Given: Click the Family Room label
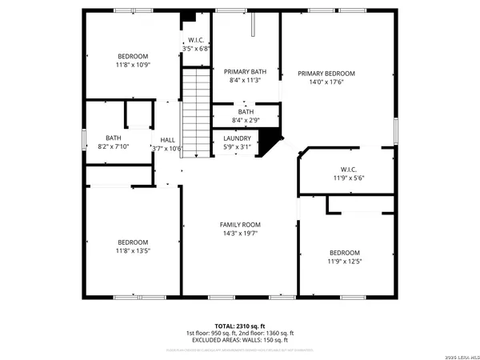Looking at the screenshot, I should coord(240,225).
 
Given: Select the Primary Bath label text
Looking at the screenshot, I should coord(245,71).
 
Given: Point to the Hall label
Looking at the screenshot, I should coord(167,139).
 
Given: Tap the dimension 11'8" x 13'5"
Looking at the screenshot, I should coord(133,251).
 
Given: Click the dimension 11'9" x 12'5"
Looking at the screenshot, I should coord(344,261).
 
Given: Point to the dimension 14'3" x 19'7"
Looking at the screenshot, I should coord(240,234).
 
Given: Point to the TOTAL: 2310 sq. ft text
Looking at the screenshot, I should coord(240,326).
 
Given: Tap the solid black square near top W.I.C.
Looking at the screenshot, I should coord(189,18).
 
